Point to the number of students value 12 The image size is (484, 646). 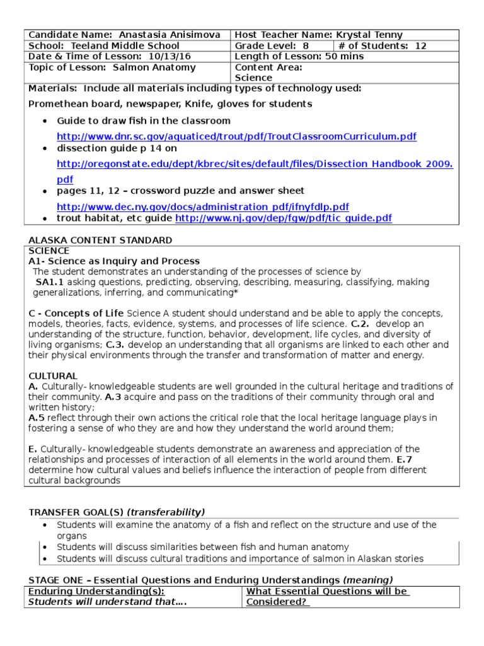pyautogui.click(x=421, y=45)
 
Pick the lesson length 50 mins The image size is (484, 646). pyautogui.click(x=343, y=56)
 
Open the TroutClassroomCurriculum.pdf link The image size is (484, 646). pyautogui.click(x=236, y=136)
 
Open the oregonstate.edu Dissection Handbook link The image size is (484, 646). pyautogui.click(x=255, y=163)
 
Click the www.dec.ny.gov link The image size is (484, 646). pyautogui.click(x=202, y=207)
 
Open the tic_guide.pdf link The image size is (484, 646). pyautogui.click(x=283, y=218)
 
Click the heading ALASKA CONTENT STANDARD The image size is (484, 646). pyautogui.click(x=100, y=240)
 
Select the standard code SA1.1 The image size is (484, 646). pyautogui.click(x=50, y=282)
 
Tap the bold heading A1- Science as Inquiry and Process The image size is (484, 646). pyautogui.click(x=114, y=261)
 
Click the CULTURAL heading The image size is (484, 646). pyautogui.click(x=53, y=375)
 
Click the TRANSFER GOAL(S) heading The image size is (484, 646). pyautogui.click(x=77, y=512)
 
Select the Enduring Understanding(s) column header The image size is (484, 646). pyautogui.click(x=96, y=591)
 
